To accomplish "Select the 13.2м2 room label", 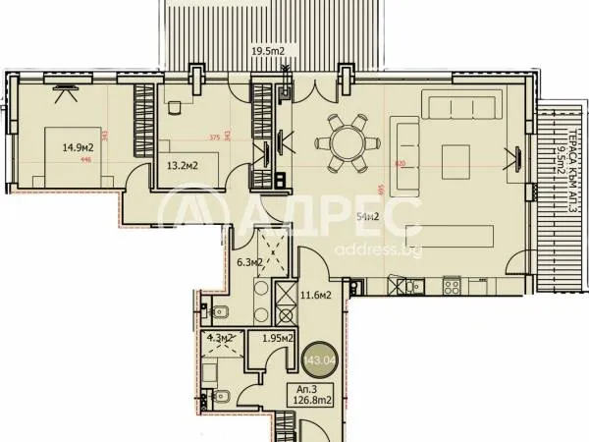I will (182, 165).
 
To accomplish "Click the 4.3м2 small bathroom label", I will (218, 339).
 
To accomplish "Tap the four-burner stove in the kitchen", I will (453, 286).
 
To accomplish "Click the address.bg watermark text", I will (364, 249).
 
